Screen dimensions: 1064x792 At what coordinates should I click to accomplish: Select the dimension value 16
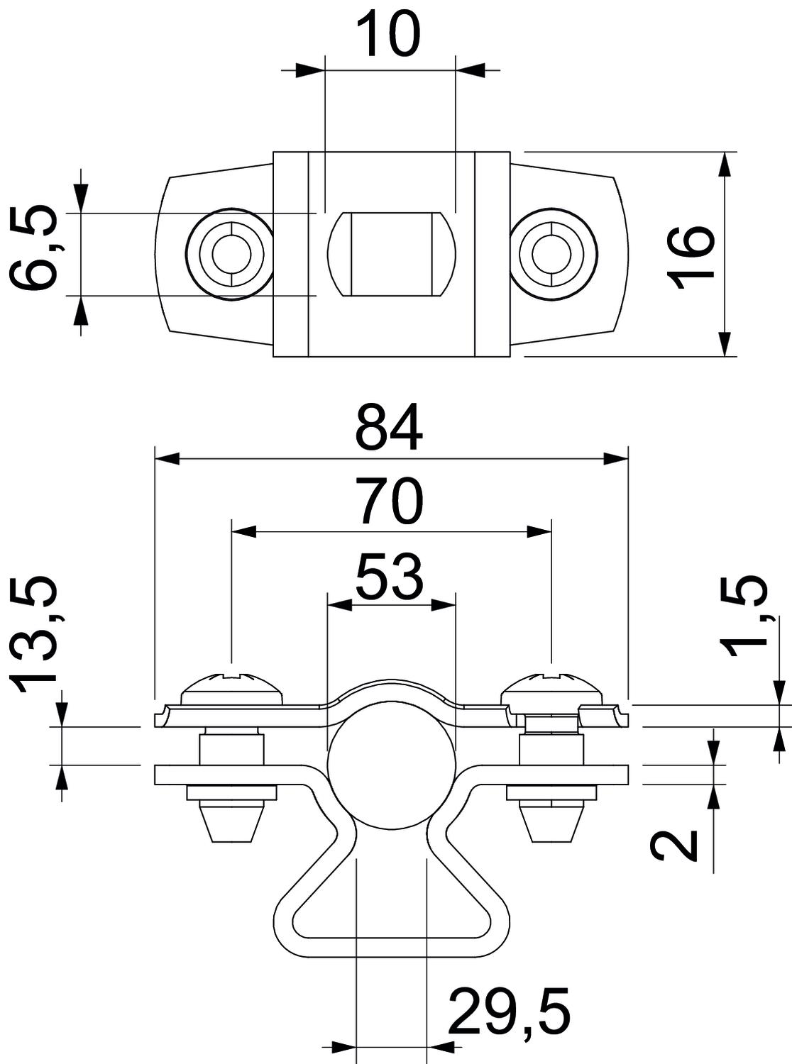click(693, 257)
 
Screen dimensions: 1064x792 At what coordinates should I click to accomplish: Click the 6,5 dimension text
click(35, 248)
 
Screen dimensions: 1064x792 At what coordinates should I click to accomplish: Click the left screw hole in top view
click(229, 254)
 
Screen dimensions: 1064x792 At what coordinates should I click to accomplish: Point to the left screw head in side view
click(232, 686)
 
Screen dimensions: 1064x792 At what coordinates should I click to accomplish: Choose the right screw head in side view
click(552, 686)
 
